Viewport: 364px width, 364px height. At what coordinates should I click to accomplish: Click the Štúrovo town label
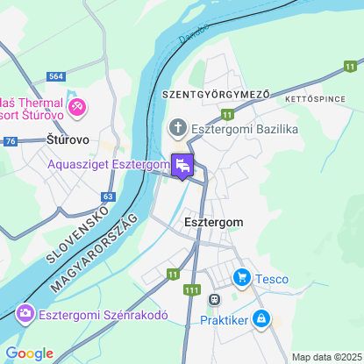pos(64,139)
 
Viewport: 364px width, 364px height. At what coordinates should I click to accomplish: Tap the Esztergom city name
pos(215,223)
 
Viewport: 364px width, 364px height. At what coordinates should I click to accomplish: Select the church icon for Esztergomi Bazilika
pos(178,130)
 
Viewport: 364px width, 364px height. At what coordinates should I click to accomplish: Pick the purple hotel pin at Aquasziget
pos(182,164)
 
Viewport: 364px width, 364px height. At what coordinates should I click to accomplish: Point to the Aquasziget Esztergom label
pos(109,164)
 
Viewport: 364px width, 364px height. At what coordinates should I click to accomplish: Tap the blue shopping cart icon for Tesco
pos(242,279)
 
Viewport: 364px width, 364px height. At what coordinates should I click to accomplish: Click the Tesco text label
pos(272,280)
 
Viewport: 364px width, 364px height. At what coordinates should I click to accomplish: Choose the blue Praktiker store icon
pos(261,318)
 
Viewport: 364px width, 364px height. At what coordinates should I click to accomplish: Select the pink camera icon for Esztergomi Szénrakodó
pos(25,312)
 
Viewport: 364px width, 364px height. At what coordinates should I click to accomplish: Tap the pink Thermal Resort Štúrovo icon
pos(78,107)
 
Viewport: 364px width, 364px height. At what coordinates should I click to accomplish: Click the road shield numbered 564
pos(57,77)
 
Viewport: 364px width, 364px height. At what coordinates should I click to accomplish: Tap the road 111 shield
pos(193,289)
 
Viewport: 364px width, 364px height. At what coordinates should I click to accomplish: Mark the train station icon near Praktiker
pos(213,299)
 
